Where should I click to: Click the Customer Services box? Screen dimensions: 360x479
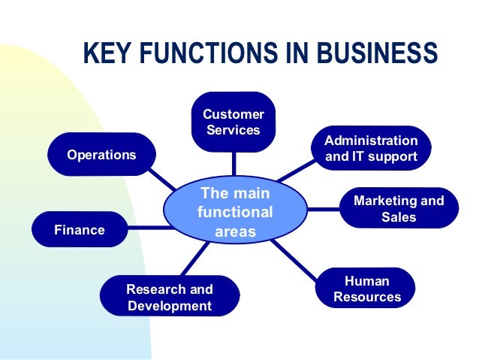coord(233,122)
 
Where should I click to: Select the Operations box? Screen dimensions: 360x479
coord(101,155)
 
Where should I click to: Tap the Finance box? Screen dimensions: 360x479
coord(79,230)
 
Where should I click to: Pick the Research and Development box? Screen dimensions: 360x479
coord(169,298)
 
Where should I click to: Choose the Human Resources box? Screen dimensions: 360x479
coord(367,289)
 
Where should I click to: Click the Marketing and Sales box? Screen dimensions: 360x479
coord(399,209)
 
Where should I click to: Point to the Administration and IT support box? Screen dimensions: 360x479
coord(371,149)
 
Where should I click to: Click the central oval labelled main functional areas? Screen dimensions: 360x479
coord(235,213)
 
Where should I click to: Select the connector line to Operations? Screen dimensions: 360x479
coord(161,178)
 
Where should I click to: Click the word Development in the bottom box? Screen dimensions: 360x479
coord(170,306)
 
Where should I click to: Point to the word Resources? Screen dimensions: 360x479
coord(367,297)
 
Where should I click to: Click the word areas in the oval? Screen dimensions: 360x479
coord(236,231)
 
